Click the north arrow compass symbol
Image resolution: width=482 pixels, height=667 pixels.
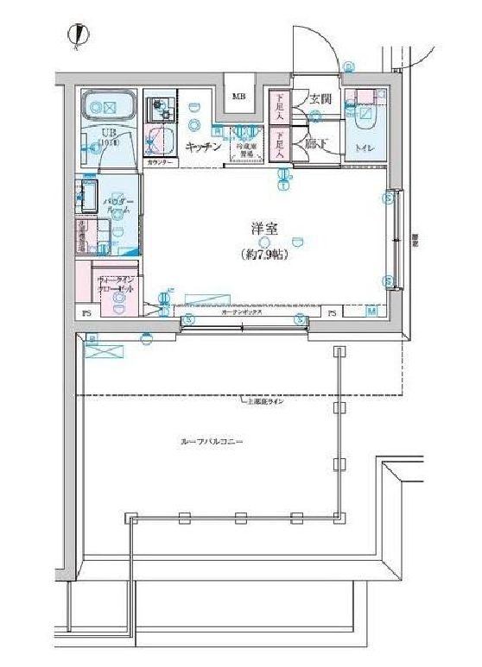pos(78,35)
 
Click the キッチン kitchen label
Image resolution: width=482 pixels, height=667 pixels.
pos(206,147)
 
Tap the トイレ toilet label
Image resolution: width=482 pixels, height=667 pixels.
pos(365,148)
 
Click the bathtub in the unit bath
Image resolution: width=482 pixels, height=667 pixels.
pos(109,108)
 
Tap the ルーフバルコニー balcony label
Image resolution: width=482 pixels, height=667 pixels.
pos(212,441)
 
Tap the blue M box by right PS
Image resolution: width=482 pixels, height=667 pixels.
pos(371,312)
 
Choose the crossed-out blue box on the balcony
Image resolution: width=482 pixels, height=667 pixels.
pos(102,349)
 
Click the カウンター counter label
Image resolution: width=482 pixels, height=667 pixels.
pos(160,162)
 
